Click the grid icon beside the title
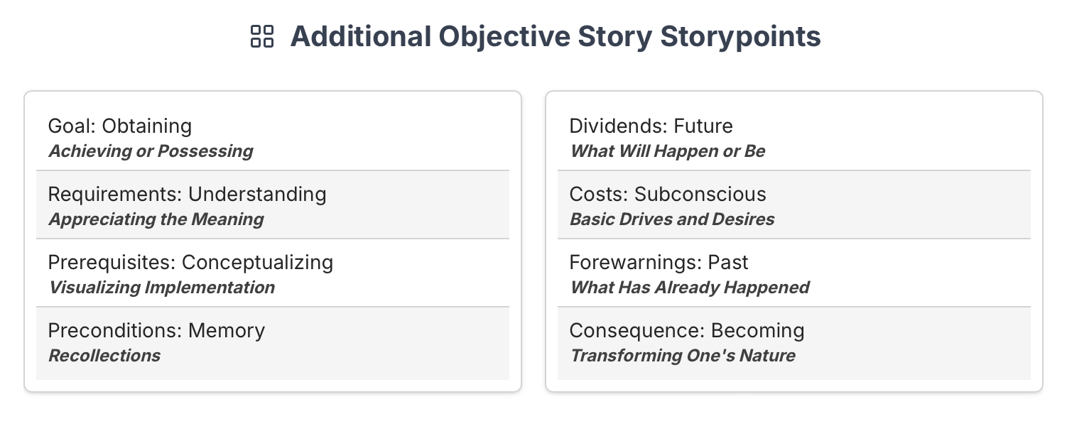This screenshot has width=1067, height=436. pos(262,37)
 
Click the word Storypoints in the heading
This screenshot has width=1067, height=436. pos(740,37)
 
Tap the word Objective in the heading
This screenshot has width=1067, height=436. pos(504,37)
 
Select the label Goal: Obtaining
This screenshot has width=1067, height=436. pos(120,126)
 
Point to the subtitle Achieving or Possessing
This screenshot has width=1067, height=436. pos(151,151)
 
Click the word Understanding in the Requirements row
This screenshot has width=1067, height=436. pos(257,194)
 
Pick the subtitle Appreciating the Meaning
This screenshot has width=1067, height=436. pos(156,219)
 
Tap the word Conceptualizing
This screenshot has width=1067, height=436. pos(257,262)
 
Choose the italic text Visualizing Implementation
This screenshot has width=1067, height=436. pos(162,288)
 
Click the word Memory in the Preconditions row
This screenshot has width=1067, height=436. pos(227,330)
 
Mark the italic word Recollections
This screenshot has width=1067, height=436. pos(105,356)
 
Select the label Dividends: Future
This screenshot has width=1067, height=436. pos(651,126)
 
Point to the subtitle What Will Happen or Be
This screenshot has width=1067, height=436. pos(668,151)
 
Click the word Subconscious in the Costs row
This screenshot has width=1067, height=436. pos(700,194)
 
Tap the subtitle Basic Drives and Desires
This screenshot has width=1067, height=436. pos(672,219)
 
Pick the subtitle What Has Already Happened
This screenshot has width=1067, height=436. pos(690,288)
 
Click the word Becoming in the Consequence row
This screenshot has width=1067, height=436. pos(757,330)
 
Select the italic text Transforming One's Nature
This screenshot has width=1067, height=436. pos(683,356)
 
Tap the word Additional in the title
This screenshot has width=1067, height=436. pos(361,37)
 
